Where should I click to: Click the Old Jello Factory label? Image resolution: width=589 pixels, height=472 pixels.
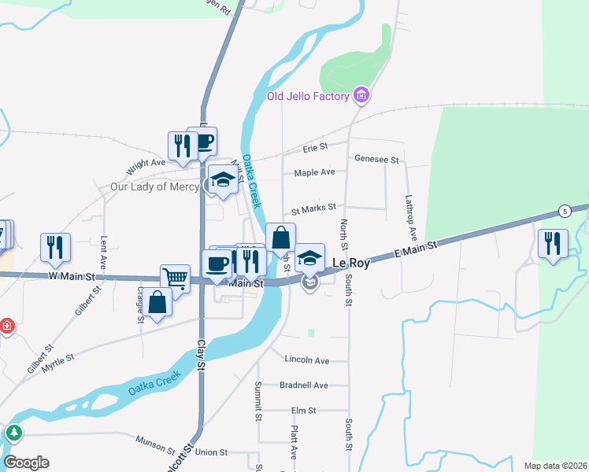point(307,97)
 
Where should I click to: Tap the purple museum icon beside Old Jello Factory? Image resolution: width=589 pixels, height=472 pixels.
point(361,96)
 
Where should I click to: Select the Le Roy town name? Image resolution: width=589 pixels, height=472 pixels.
point(350,263)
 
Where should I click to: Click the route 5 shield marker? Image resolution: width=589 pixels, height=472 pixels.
point(565,211)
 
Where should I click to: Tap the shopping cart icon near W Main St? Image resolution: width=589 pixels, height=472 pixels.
point(176,278)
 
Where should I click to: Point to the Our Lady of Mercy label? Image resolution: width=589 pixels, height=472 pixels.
point(154,187)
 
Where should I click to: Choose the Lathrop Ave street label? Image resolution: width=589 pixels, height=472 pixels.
point(411,217)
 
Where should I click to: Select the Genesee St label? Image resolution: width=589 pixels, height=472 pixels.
point(377,160)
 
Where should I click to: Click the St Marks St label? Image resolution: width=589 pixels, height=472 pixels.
point(313,208)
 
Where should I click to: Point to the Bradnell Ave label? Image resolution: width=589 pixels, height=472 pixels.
point(304,385)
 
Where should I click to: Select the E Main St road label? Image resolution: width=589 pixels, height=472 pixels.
point(415,251)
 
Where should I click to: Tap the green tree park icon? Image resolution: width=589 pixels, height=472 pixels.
point(13,433)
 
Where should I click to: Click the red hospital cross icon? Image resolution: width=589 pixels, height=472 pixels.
point(6,325)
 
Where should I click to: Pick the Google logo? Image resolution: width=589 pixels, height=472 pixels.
point(26,463)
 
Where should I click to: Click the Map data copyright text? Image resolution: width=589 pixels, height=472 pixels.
point(555,466)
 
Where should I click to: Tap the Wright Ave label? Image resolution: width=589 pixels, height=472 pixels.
point(146,164)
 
